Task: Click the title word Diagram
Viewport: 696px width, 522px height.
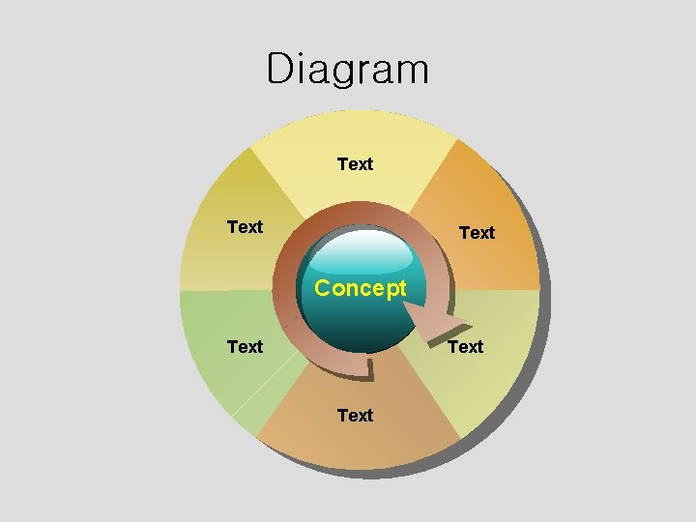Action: pos(347,70)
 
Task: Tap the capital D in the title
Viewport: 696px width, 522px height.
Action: pos(278,70)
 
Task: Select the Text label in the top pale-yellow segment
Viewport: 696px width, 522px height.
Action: pos(355,164)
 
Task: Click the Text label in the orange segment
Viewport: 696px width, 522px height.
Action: pos(477,233)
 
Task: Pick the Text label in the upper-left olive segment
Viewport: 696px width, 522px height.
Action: pos(245,227)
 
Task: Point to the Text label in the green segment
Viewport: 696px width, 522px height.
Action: pos(245,346)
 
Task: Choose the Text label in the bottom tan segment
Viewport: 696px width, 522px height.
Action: pos(355,416)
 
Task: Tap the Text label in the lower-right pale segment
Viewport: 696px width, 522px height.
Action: pos(465,346)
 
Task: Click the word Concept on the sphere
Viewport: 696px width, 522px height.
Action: pos(361,288)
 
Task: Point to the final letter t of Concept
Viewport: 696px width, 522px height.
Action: pos(401,288)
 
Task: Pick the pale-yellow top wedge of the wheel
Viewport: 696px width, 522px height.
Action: pos(355,135)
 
